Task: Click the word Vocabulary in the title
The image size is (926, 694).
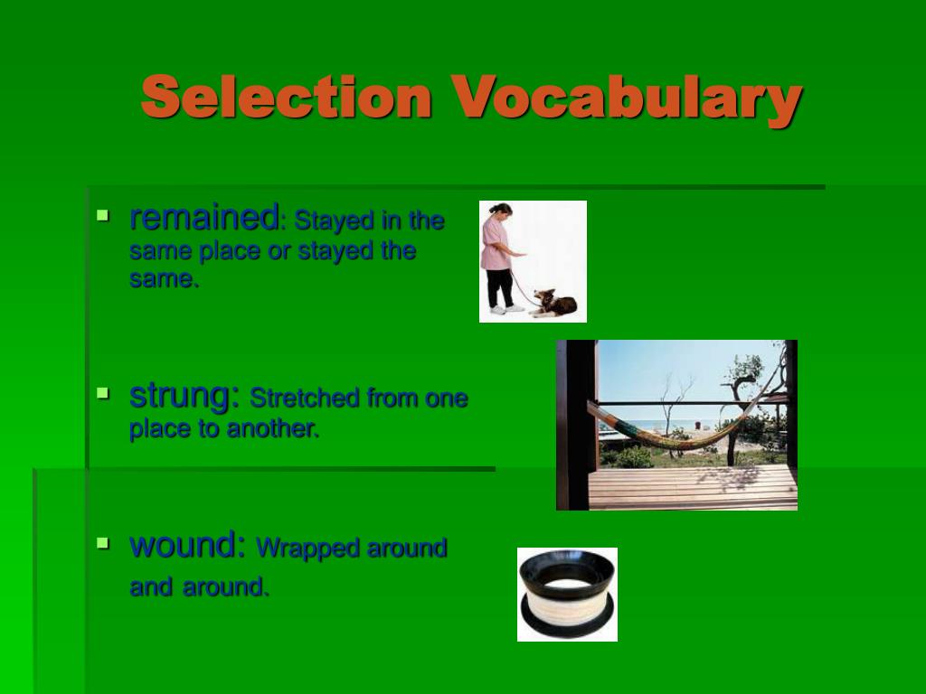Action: (627, 100)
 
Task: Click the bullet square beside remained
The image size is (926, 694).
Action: (103, 215)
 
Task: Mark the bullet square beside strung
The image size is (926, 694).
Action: (103, 393)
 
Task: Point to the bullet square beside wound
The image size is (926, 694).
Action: (103, 542)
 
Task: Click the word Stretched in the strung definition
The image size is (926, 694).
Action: (304, 399)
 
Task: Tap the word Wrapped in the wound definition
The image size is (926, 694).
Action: (307, 549)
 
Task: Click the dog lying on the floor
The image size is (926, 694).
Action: (553, 304)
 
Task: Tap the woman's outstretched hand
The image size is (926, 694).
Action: (520, 255)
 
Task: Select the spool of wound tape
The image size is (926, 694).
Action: (568, 594)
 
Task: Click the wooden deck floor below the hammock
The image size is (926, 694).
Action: (692, 487)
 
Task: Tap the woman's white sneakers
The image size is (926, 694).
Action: (506, 309)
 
